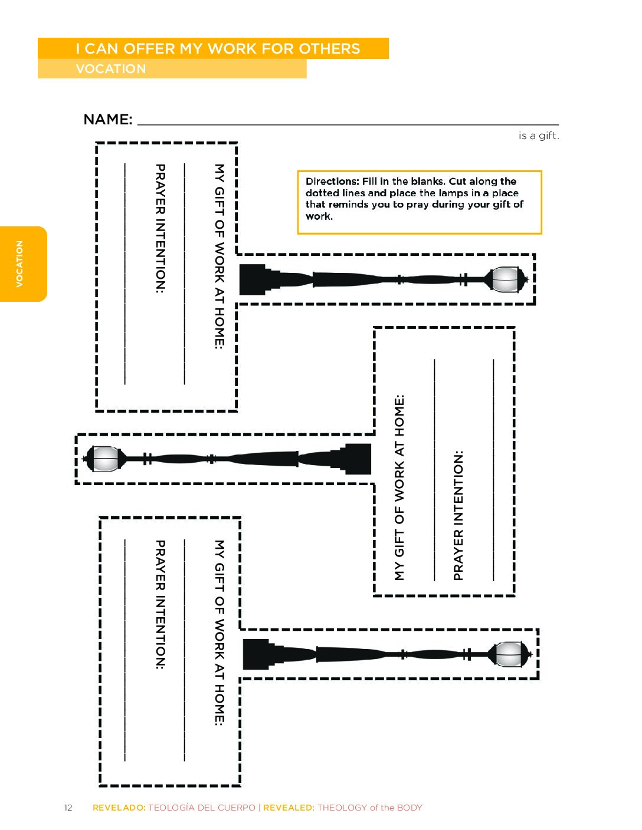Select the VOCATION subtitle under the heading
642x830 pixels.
click(x=111, y=69)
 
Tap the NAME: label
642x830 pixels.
click(x=108, y=120)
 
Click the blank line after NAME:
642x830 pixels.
click(x=348, y=124)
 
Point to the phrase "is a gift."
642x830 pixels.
click(x=539, y=136)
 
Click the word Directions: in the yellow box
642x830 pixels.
click(x=332, y=181)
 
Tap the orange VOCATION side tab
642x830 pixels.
click(x=24, y=264)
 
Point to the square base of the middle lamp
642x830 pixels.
click(x=358, y=459)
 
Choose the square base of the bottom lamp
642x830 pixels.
click(x=256, y=654)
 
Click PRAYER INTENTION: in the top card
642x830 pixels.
click(x=160, y=228)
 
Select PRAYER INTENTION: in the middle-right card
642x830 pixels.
click(x=458, y=516)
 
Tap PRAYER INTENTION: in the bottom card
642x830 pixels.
click(x=160, y=604)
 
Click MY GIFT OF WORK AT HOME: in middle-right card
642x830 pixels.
click(x=399, y=488)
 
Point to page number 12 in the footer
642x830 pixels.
click(x=68, y=808)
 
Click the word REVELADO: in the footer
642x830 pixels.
click(x=119, y=808)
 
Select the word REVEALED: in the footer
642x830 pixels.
click(x=289, y=808)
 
